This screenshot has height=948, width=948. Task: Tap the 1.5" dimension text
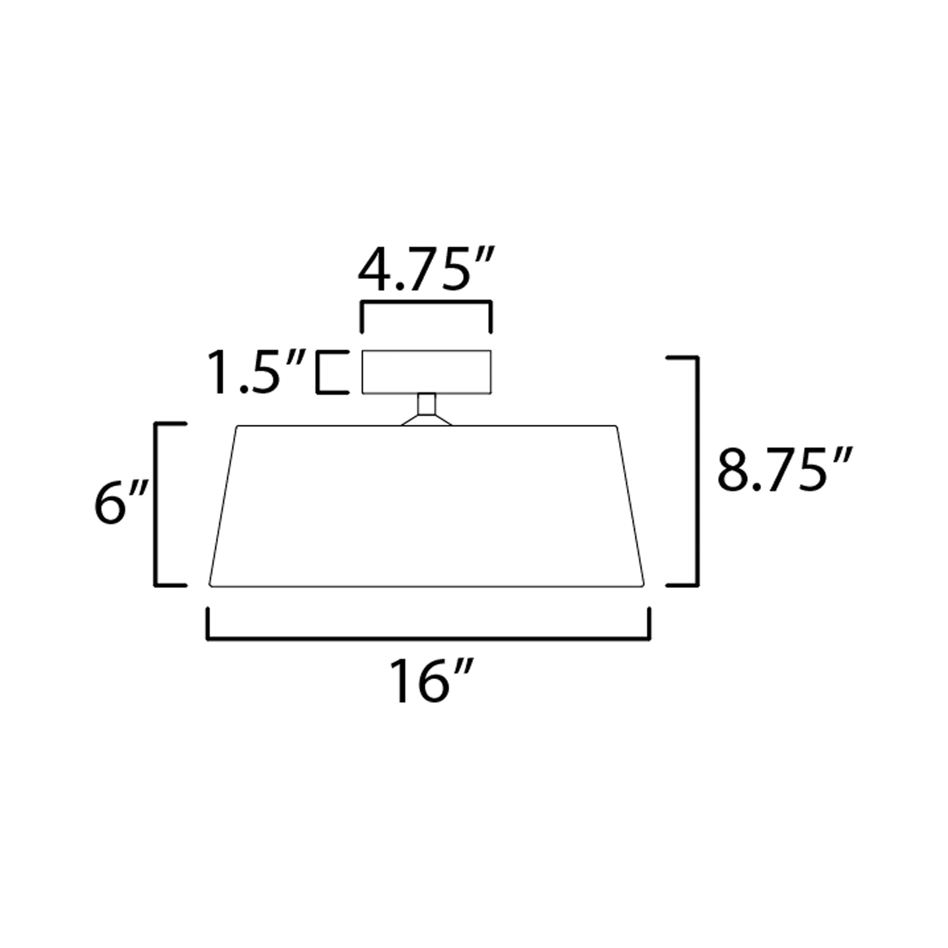point(256,372)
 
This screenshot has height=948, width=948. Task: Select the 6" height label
point(121,502)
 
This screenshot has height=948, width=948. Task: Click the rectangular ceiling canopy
point(426,371)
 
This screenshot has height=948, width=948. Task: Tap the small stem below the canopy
point(426,404)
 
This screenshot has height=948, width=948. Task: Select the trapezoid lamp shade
point(426,505)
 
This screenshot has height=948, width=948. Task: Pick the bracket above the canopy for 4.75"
point(426,302)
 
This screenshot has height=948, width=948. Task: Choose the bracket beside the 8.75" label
point(696,471)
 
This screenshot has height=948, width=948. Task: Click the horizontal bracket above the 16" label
point(429,638)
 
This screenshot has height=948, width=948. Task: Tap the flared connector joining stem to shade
point(426,420)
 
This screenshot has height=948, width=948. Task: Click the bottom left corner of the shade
point(210,585)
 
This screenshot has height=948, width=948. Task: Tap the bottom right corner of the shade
point(643,585)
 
